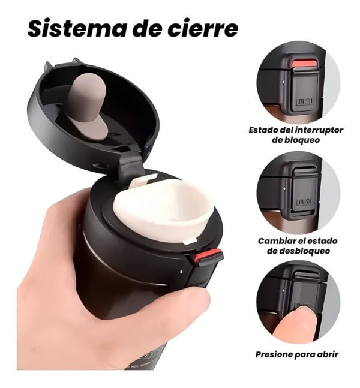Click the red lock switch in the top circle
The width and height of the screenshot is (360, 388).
305,63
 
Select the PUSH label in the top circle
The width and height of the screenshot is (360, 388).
305,101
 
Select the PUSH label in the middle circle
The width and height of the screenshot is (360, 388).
305,201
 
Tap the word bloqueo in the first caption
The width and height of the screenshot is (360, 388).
302,140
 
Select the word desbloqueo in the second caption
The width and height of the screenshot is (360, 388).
308,251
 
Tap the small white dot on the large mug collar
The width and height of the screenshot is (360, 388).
181,272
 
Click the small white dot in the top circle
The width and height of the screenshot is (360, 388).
283,80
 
